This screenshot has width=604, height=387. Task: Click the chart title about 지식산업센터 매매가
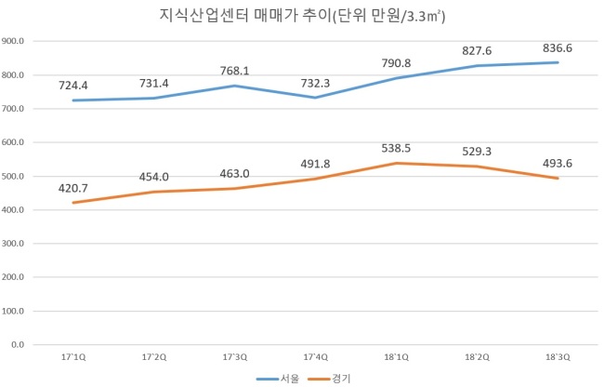pos(302,16)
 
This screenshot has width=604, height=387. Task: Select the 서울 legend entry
pos(278,379)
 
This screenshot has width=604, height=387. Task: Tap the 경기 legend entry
pos(329,379)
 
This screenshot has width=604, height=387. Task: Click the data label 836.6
pos(558,48)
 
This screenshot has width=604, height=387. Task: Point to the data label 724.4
pos(73,86)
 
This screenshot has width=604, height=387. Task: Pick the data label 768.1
pos(234,71)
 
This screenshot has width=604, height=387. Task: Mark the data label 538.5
pos(396,149)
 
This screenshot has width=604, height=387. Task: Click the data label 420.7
pos(73,188)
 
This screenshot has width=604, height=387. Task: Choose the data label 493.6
pos(558,164)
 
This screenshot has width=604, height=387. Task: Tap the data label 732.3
pos(316,83)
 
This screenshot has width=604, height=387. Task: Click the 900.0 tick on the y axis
pos(13,41)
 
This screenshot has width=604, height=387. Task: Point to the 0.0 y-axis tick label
pos(18,344)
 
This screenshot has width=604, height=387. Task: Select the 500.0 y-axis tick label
pos(13,176)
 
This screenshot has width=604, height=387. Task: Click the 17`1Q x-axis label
pos(73,357)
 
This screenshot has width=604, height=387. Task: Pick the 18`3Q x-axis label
pos(558,357)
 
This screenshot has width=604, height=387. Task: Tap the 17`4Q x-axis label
pos(316,357)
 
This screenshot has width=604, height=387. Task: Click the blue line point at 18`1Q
pos(396,78)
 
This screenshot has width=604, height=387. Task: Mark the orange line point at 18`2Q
pos(477,167)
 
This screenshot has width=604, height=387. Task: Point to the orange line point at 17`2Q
pos(154,192)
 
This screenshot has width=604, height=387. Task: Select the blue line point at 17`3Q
pos(234,86)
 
